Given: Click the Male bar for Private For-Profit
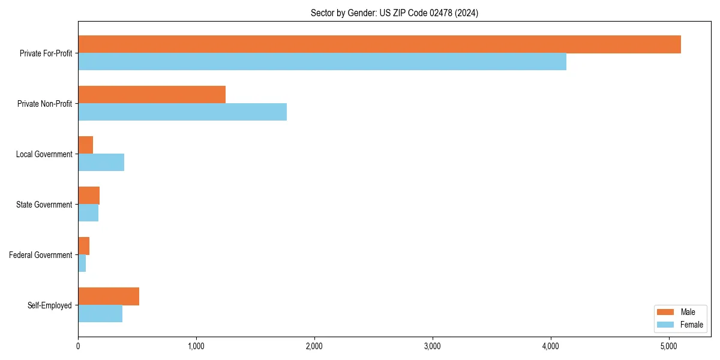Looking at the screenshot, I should pos(379,44).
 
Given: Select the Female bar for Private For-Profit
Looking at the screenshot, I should pos(322,62).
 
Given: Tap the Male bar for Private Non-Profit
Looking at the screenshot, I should pos(152,95).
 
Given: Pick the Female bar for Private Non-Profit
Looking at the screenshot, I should pos(182,112).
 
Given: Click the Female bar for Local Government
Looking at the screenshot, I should pos(101,163).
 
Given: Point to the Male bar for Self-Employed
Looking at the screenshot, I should pos(109,296).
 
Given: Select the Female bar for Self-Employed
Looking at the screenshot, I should pos(100,314).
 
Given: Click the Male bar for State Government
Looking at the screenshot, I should pos(89,196).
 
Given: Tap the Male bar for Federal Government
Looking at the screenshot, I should pos(84,246).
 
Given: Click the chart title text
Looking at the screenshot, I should pos(394,13).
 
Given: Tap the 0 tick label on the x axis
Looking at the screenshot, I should pos(78,346).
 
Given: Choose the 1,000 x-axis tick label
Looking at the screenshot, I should pos(196,346).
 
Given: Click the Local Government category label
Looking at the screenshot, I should pos(44,154).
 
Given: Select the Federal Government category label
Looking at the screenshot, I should pos(40,255).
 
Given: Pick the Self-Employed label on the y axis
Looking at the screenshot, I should pos(49,305).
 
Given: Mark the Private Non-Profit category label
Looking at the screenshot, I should pos(44,104).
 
